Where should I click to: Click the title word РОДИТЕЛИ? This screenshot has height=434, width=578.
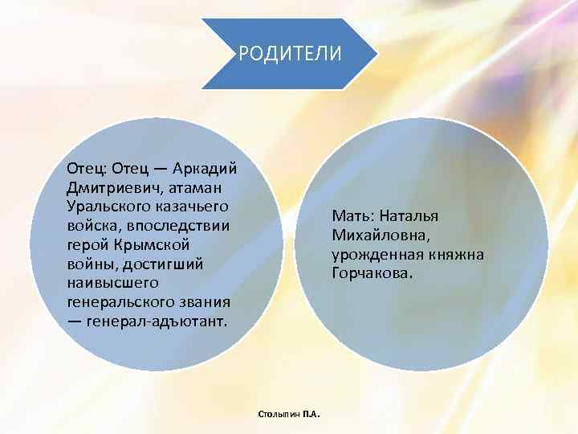[x=290, y=54]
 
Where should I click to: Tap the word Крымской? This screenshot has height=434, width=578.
[x=148, y=244]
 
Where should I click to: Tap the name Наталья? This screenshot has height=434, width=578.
[x=410, y=216]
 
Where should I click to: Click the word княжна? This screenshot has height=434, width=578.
[x=457, y=255]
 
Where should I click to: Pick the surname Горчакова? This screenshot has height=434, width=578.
[x=368, y=274]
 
